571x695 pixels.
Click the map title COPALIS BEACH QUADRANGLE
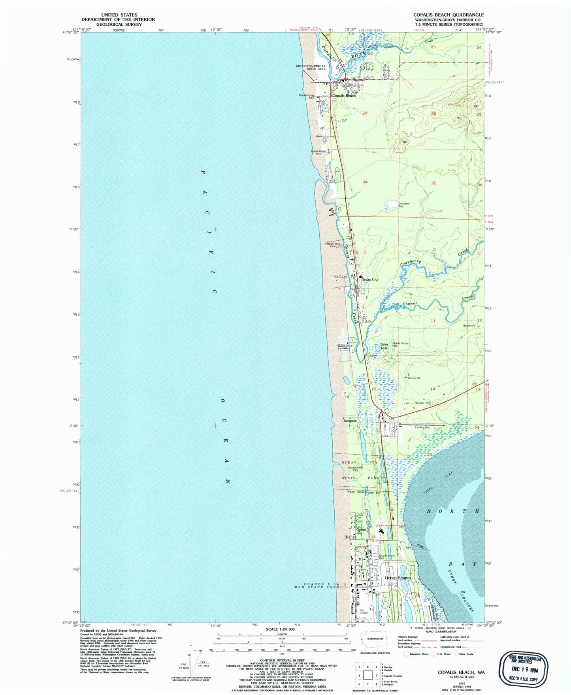point(449,15)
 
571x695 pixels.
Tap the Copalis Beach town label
point(343,96)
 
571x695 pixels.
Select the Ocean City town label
point(370,280)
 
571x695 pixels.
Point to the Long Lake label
point(384,346)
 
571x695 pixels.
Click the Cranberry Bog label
point(403,205)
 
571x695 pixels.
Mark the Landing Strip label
point(422,427)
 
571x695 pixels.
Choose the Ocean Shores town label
point(398,578)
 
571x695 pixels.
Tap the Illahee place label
point(350,537)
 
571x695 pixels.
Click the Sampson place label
point(350,421)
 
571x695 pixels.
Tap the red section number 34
point(365,182)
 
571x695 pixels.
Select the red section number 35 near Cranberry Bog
point(433,183)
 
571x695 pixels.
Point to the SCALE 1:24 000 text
point(281,629)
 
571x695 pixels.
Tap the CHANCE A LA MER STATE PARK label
point(319,585)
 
